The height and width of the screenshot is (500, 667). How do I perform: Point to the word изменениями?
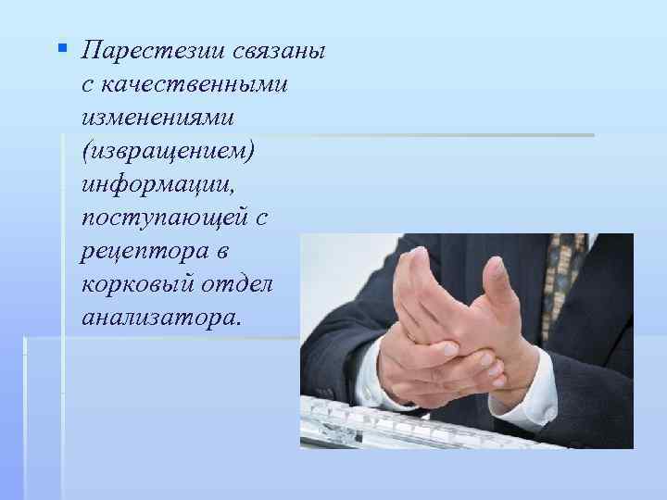click(156, 119)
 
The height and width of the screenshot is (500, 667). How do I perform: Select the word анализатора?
click(158, 319)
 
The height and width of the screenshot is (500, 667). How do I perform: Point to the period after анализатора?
click(240, 324)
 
